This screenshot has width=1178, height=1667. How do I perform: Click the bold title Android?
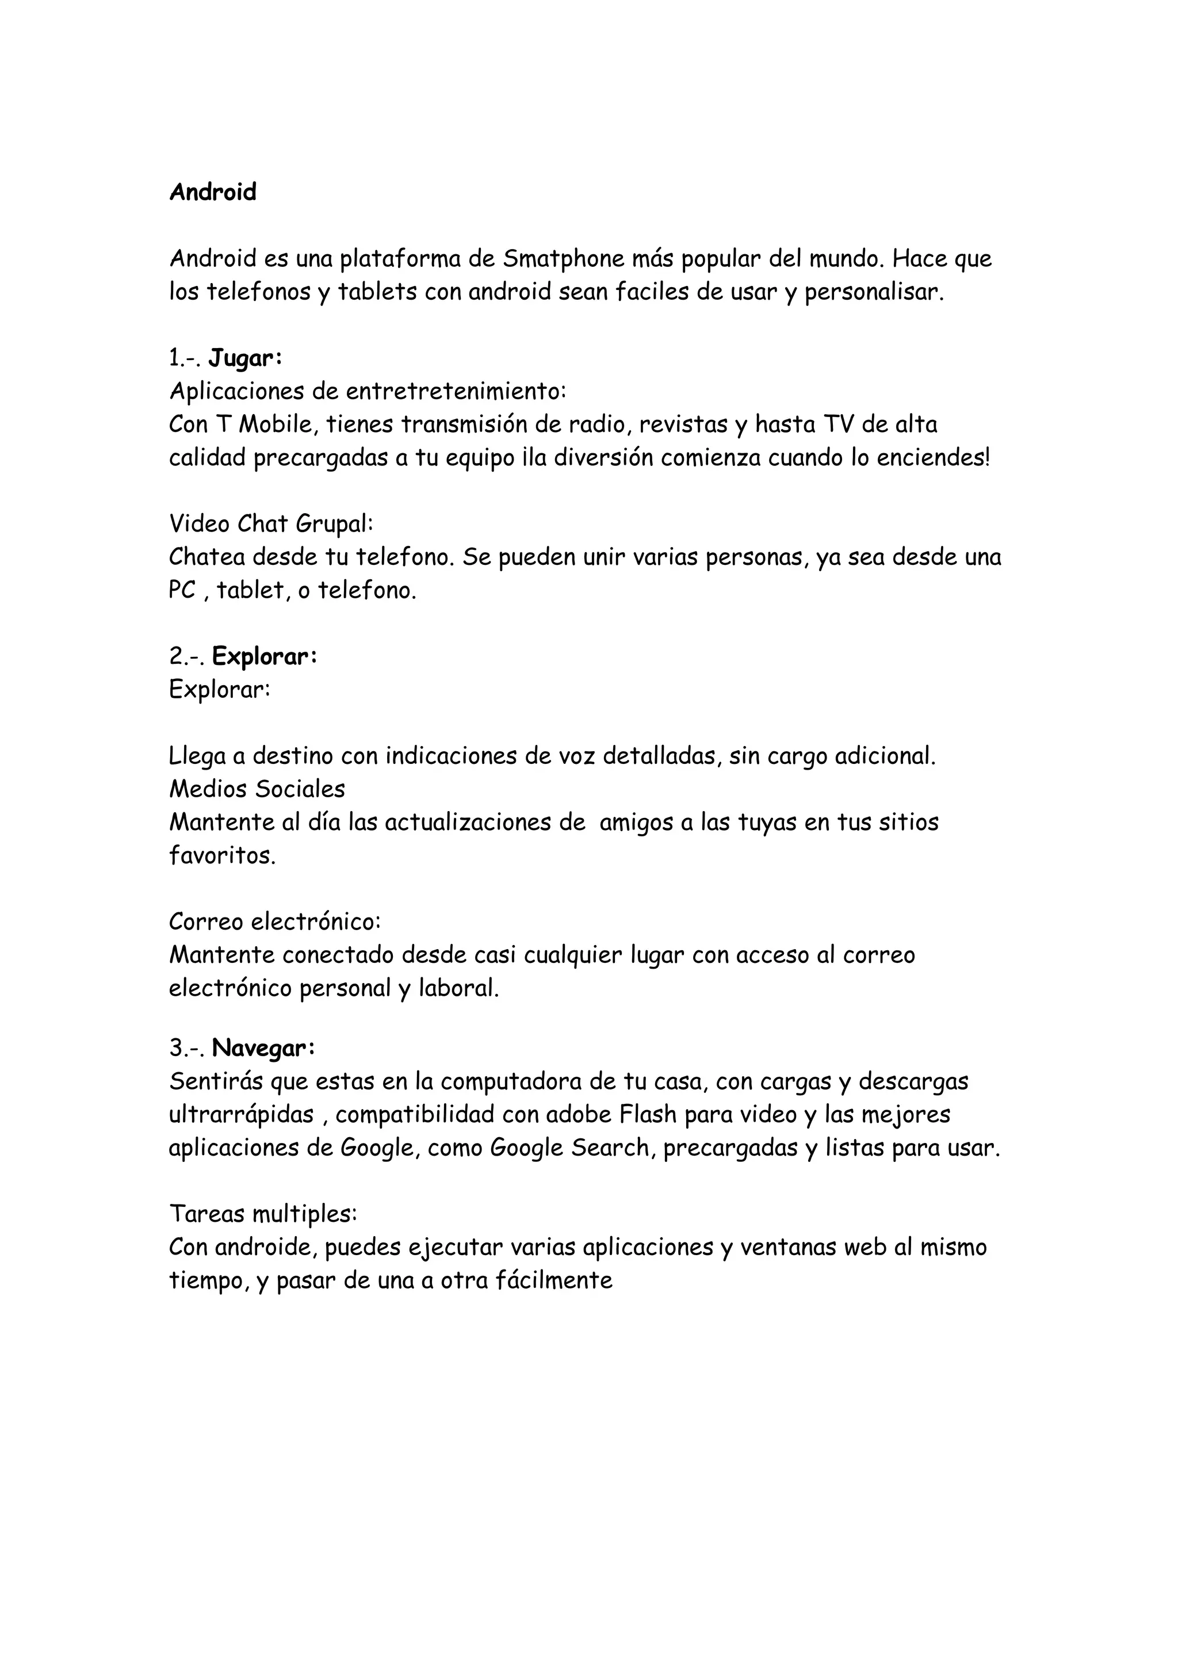[213, 192]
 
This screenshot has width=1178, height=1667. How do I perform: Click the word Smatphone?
[558, 258]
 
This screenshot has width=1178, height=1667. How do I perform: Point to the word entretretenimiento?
[454, 391]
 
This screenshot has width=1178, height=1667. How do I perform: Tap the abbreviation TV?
[838, 424]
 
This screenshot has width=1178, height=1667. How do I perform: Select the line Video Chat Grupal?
[271, 523]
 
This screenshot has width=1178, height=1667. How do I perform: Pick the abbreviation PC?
[182, 590]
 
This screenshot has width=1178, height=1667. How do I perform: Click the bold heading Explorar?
[264, 656]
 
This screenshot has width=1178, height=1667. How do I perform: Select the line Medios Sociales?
[257, 789]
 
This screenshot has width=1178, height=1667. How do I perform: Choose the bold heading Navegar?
[263, 1049]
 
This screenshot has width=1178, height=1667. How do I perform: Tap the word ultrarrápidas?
[242, 1114]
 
